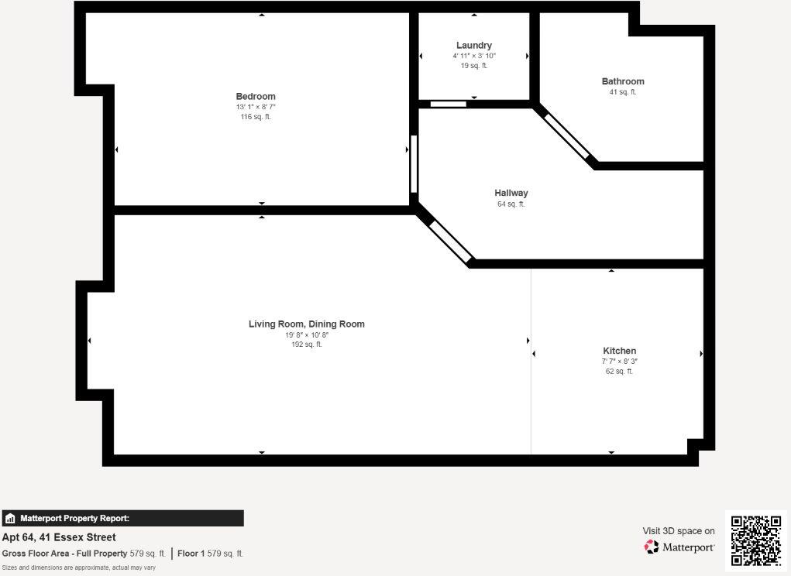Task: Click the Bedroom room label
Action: [x=256, y=96]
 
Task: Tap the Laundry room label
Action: [x=474, y=46]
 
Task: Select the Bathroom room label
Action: [x=623, y=81]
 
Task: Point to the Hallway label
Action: [x=511, y=193]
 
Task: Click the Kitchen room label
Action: [x=620, y=351]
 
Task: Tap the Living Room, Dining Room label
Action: [x=307, y=324]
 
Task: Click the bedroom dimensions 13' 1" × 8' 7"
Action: [x=256, y=107]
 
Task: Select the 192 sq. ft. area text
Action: [x=307, y=345]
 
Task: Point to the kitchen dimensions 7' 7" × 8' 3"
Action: [x=620, y=362]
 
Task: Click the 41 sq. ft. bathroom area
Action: [x=623, y=92]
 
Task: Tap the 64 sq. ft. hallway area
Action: [x=511, y=204]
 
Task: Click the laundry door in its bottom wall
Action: [x=449, y=104]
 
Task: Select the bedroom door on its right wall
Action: [x=414, y=164]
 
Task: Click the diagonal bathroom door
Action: [x=567, y=135]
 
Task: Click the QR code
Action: [x=756, y=540]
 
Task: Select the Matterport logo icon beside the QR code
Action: [x=652, y=547]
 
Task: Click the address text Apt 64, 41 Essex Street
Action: [x=59, y=537]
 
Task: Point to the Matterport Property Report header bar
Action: [x=122, y=519]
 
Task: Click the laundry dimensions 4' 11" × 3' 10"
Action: [x=474, y=56]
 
